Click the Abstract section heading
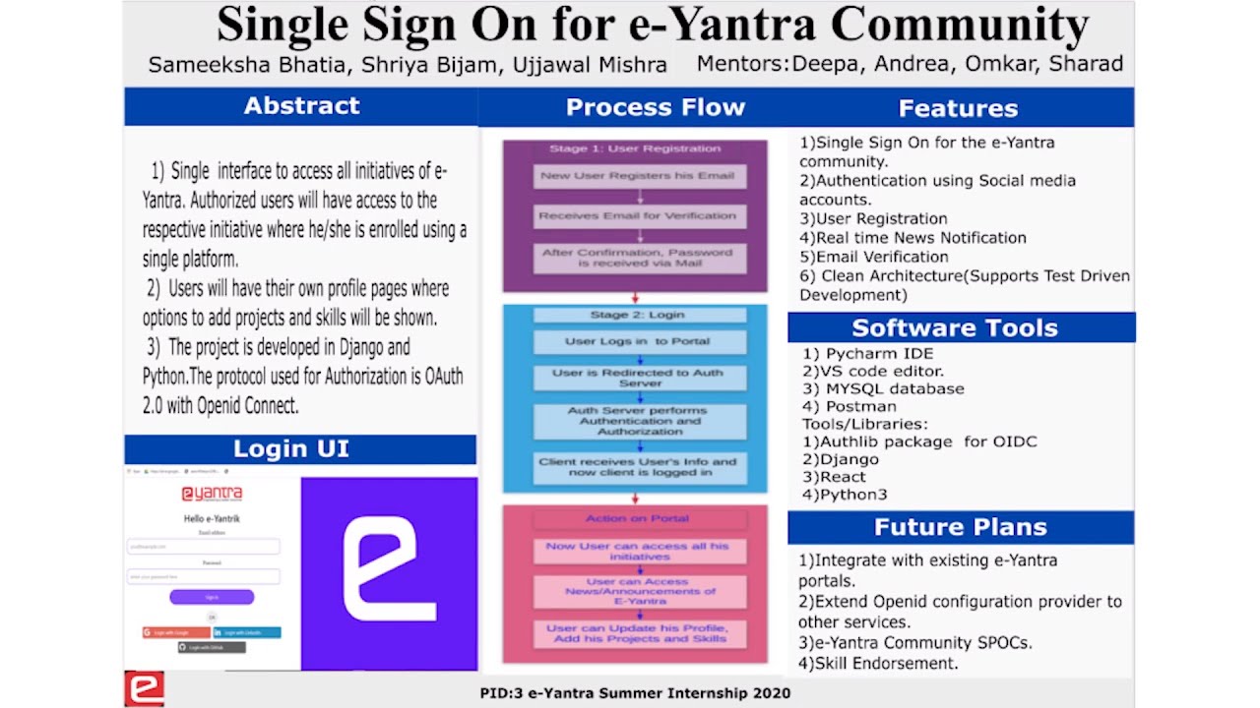(301, 106)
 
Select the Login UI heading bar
(290, 449)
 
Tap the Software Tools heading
(954, 328)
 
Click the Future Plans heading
(960, 528)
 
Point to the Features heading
(958, 108)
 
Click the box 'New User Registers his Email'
(637, 177)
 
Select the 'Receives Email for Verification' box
(637, 216)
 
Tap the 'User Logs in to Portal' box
(637, 342)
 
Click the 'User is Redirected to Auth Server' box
(637, 378)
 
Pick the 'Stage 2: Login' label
(637, 315)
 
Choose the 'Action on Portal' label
(637, 518)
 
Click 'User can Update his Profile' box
(637, 633)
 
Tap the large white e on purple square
(389, 572)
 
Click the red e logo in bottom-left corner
(144, 688)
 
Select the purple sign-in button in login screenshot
(212, 597)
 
